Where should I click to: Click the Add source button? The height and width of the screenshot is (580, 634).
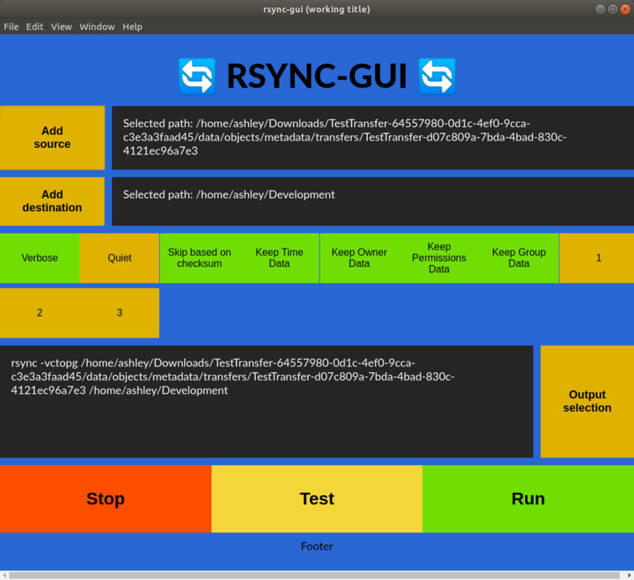pos(52,137)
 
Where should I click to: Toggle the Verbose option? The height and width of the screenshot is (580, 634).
pos(40,258)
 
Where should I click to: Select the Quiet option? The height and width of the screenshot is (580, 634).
pos(119,258)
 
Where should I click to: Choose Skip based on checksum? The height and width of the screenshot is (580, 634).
pos(199,258)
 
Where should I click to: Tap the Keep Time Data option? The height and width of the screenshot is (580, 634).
pos(280,258)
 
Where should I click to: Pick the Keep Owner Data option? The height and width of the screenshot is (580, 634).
pos(359,258)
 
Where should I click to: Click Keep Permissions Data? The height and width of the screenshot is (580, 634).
pos(439,258)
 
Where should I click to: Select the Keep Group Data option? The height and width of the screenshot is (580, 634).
pos(519,258)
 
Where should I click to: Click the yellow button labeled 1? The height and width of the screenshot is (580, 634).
pos(598,258)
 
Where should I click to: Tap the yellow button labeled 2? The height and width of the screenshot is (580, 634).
pos(40,312)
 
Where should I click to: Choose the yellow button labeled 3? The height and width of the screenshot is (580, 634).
pos(119,312)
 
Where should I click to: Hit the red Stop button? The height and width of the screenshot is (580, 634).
pos(105,499)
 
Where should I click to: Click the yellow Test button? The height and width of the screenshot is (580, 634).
pos(317,499)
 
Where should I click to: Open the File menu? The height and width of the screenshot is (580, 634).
pos(11,27)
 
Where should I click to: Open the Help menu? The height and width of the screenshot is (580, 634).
pos(132,27)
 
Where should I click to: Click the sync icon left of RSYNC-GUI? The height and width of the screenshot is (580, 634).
pos(197,76)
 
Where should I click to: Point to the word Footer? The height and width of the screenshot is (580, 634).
pos(317,546)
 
